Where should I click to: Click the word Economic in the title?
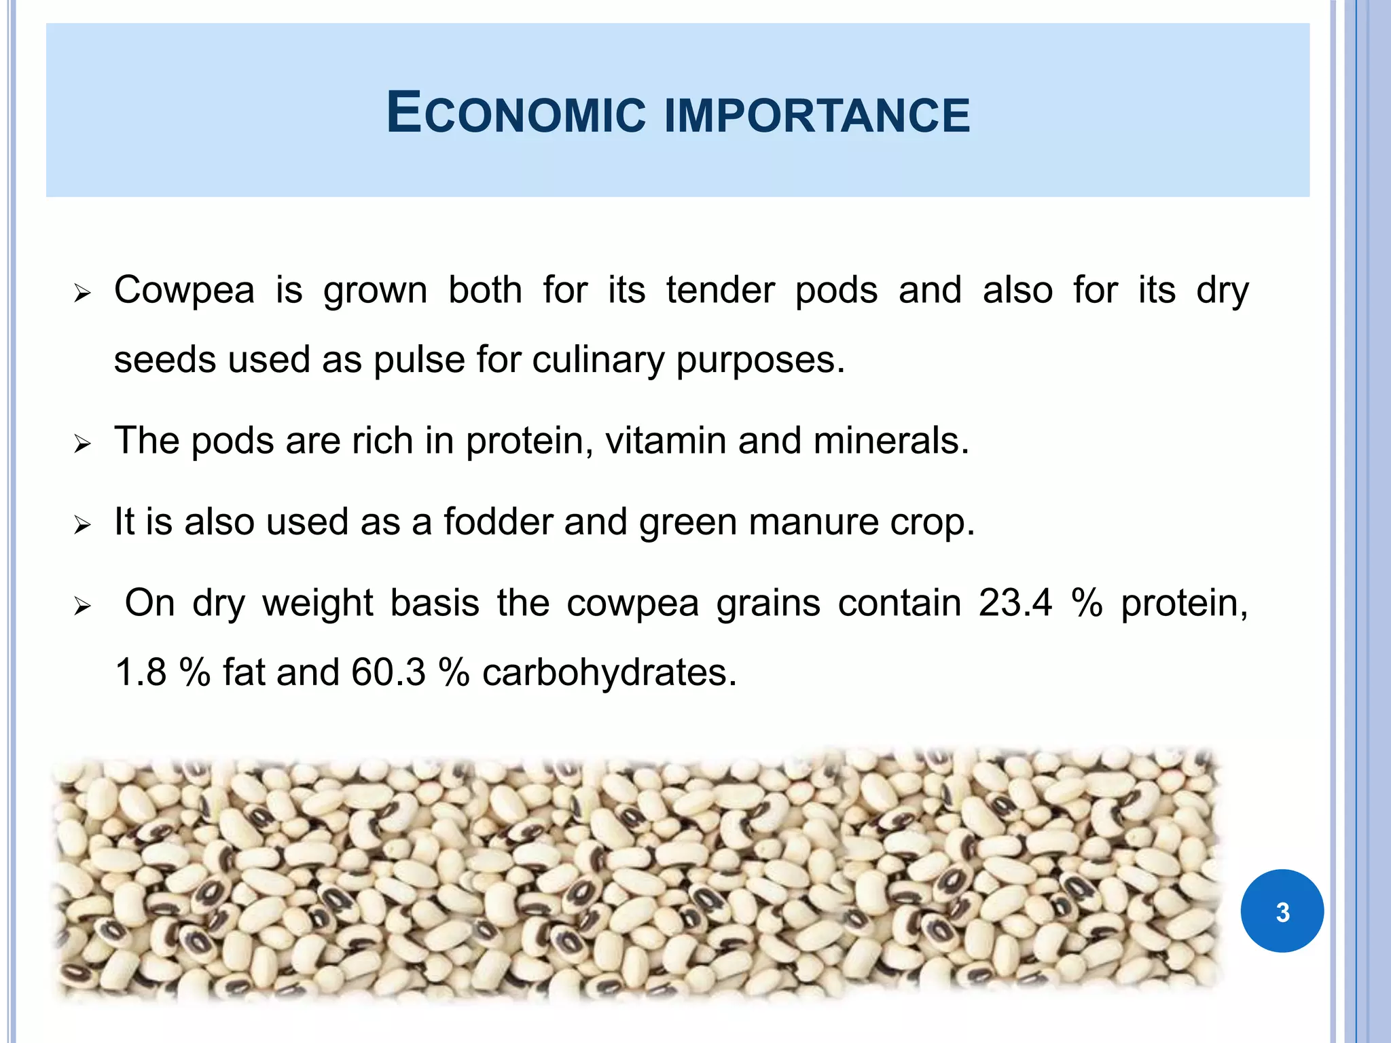[x=516, y=113]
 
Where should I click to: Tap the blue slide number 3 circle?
[x=1282, y=911]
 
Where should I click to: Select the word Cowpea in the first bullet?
[x=185, y=291]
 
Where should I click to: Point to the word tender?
[x=720, y=291]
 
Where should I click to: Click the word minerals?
[x=891, y=441]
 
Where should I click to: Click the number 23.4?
[x=1015, y=603]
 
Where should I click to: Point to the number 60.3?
[x=389, y=673]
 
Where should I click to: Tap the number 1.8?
[x=141, y=673]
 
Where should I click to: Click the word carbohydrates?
[x=609, y=673]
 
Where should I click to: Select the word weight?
[x=318, y=603]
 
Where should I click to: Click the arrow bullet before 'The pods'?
[x=82, y=445]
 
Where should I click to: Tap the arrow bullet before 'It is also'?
[x=82, y=525]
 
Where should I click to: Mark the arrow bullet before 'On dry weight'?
[x=82, y=606]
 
